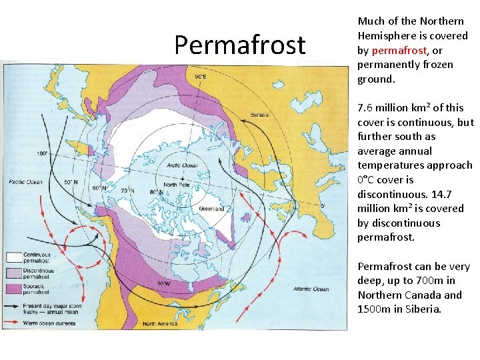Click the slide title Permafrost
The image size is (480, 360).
[x=240, y=45]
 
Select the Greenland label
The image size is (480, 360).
[x=213, y=209]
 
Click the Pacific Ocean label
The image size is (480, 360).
[x=25, y=182]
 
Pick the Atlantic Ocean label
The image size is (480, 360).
[x=311, y=289]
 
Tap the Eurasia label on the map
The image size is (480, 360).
[x=259, y=115]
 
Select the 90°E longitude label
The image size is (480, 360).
[x=201, y=77]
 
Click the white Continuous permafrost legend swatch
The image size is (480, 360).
[x=14, y=256]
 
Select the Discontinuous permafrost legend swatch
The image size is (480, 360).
[x=14, y=272]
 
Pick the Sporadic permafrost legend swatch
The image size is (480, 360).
[x=14, y=288]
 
